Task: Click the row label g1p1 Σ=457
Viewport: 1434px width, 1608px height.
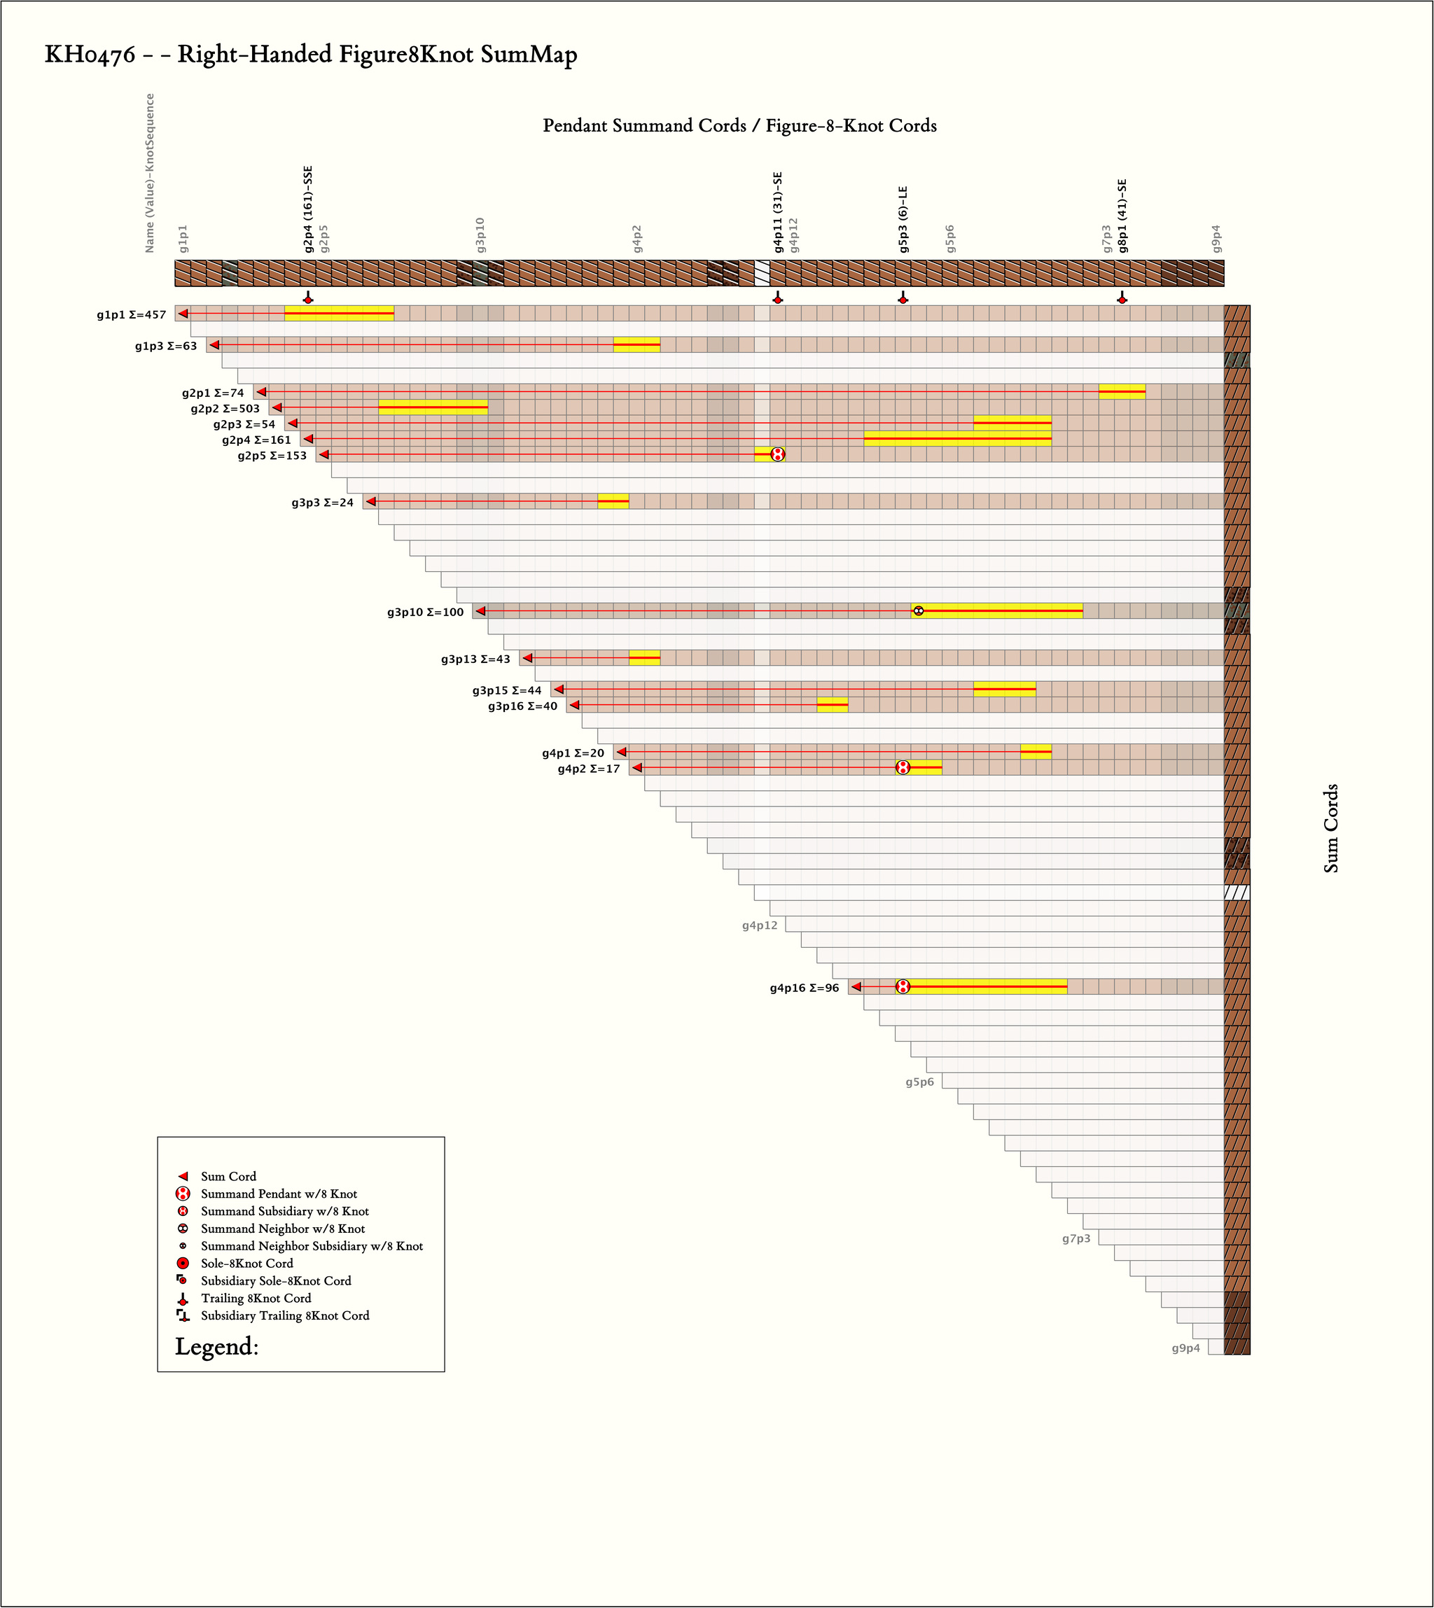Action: pyautogui.click(x=132, y=315)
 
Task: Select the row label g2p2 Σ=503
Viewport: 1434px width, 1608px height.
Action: pyautogui.click(x=225, y=409)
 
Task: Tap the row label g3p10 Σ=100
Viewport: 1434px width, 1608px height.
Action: pyautogui.click(x=426, y=612)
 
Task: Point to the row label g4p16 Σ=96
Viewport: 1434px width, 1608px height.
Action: pyautogui.click(x=805, y=988)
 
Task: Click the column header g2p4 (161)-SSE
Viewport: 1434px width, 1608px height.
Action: pyautogui.click(x=308, y=209)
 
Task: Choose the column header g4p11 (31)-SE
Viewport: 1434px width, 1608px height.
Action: pyautogui.click(x=778, y=212)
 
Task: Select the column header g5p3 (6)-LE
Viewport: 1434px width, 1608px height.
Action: pyautogui.click(x=903, y=219)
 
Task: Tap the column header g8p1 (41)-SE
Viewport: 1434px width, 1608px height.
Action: pyautogui.click(x=1122, y=216)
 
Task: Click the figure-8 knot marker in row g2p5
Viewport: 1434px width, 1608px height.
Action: pyautogui.click(x=778, y=454)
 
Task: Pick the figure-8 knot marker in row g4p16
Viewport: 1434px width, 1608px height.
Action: pyautogui.click(x=903, y=986)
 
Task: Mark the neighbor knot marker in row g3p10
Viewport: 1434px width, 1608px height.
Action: pyautogui.click(x=918, y=610)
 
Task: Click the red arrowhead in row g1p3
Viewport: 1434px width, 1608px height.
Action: pyautogui.click(x=214, y=345)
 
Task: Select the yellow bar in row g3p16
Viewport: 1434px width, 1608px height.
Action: pyautogui.click(x=832, y=704)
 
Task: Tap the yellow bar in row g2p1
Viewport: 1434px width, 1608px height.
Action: pyautogui.click(x=1122, y=391)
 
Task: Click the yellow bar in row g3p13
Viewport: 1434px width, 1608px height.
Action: pyautogui.click(x=644, y=658)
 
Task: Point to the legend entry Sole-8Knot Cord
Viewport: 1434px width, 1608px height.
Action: pyautogui.click(x=246, y=1264)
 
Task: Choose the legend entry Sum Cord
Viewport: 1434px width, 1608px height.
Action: pyautogui.click(x=228, y=1176)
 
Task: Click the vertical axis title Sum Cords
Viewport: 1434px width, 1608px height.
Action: pyautogui.click(x=1331, y=828)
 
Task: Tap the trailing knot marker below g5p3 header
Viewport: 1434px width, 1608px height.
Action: pyautogui.click(x=903, y=298)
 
